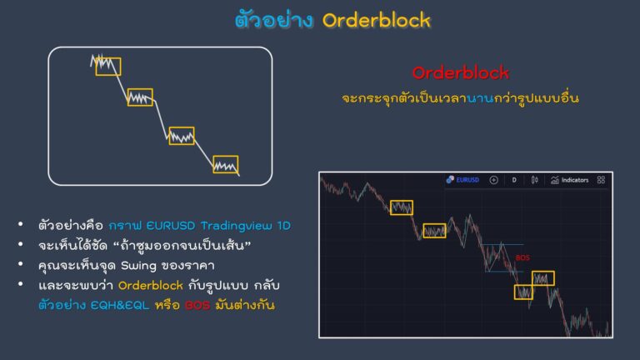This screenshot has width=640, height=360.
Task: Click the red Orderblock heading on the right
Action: click(461, 73)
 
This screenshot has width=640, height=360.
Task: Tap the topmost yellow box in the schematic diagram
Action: click(107, 66)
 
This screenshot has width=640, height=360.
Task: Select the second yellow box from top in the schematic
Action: click(140, 97)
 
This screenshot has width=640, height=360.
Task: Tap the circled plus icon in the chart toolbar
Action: click(493, 179)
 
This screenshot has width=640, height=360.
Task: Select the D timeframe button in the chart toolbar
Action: click(513, 179)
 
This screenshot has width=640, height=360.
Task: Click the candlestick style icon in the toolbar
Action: click(533, 179)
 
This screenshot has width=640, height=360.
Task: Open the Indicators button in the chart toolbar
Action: click(570, 179)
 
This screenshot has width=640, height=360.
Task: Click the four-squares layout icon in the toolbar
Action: click(601, 179)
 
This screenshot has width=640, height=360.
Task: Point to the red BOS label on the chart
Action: click(522, 257)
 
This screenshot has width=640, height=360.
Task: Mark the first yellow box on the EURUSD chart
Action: click(402, 207)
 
